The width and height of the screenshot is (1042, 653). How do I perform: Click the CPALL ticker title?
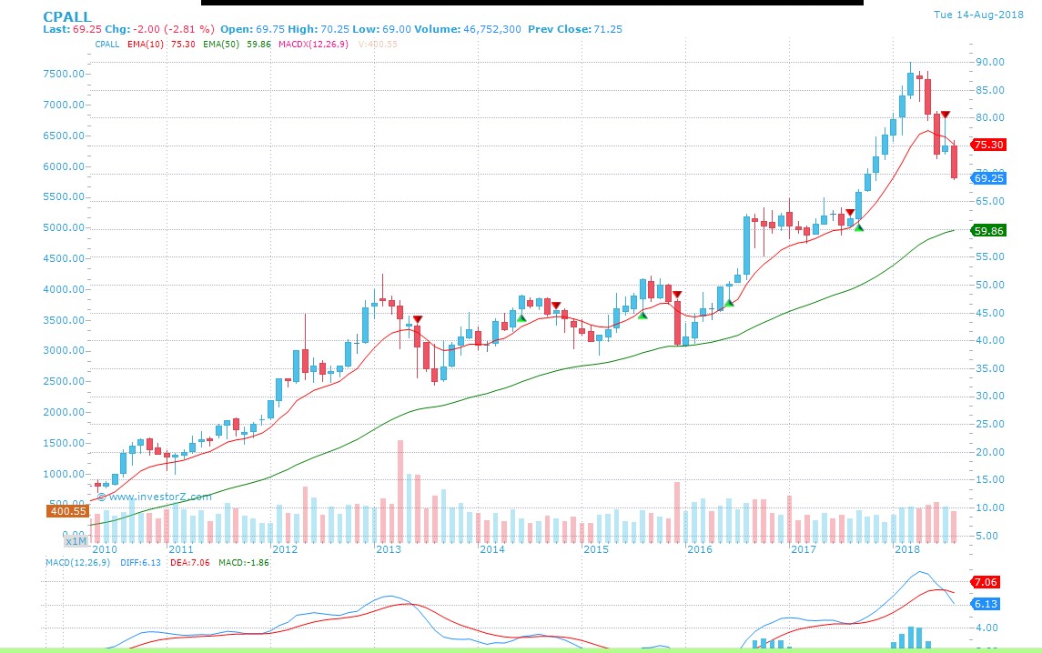point(67,15)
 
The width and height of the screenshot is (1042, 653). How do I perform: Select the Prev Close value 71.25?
point(608,29)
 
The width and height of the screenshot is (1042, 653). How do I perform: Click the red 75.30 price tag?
point(988,145)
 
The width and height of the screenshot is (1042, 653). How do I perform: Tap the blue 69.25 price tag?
point(988,178)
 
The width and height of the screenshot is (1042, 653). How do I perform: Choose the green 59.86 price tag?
point(988,231)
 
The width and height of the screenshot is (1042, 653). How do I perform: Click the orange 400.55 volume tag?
point(67,511)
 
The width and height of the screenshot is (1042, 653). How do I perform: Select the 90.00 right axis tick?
point(991,62)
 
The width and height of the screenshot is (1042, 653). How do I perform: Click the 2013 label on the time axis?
point(389,549)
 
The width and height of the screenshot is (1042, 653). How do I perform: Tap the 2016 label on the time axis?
point(700,549)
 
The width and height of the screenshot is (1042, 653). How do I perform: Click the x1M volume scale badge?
point(76,541)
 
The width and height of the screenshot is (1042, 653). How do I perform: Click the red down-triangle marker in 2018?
point(946,115)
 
